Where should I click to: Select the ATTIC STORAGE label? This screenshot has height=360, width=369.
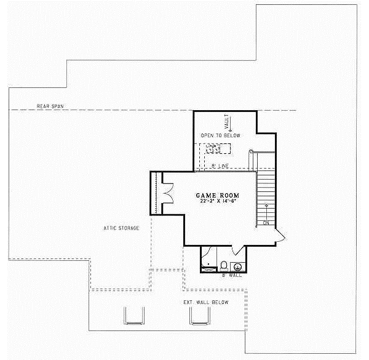(x=121, y=228)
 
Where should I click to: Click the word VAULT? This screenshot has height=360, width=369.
(x=226, y=119)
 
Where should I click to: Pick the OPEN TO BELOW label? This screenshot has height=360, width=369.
(x=221, y=135)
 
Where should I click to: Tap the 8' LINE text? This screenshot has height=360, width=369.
(x=220, y=166)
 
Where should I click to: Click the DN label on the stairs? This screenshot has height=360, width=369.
(x=266, y=223)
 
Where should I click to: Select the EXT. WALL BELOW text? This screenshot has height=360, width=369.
(x=205, y=302)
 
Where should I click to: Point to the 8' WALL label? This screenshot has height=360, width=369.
(x=235, y=275)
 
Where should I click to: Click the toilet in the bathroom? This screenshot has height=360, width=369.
(x=224, y=265)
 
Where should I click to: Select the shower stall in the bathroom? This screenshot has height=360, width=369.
(x=208, y=260)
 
